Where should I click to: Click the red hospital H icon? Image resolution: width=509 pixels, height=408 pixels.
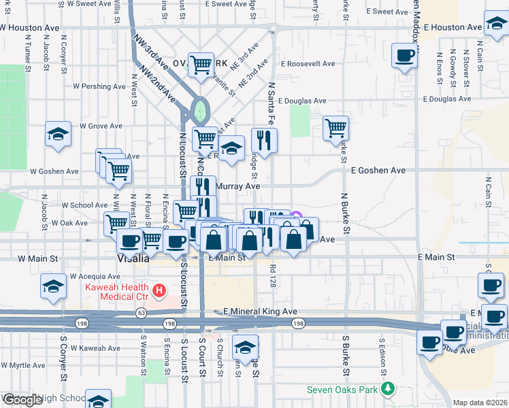pos(159,292)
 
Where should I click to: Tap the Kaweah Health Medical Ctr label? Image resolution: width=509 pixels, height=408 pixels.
pos(116,292)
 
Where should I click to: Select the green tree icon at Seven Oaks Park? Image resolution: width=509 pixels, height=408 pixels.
pos(388,390)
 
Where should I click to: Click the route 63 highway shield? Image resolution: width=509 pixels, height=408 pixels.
pos(141,312)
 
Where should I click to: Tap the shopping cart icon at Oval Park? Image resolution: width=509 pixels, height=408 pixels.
pos(201,65)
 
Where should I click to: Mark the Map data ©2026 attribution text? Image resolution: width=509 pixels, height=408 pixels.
pos(480,403)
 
